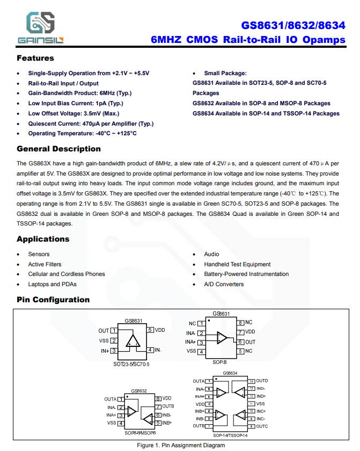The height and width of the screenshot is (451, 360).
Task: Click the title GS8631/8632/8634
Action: coord(293,25)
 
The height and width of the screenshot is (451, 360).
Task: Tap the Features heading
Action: coord(35,58)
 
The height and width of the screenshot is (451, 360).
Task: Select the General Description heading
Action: coord(58,149)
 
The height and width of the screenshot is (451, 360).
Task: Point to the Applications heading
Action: coord(43,239)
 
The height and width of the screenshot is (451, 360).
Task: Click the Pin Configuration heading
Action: coord(53,300)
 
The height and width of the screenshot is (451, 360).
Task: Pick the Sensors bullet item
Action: coord(39,254)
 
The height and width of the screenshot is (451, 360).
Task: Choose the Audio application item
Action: coord(211,254)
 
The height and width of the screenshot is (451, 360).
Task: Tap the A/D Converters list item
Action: coord(224,284)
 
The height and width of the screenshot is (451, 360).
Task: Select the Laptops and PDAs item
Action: coord(52,284)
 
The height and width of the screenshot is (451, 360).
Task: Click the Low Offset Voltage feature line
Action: coord(74,113)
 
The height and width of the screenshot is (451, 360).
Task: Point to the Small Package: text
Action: coord(225,73)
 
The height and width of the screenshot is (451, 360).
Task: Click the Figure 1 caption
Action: coord(181,445)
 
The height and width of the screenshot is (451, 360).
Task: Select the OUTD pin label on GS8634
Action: coord(262,381)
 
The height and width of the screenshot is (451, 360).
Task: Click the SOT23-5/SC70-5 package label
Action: coord(131,364)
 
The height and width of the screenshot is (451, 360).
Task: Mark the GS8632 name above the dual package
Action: coord(138,391)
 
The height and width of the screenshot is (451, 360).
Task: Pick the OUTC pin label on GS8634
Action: coord(262,426)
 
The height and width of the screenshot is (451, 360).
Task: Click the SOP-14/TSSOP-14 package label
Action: coord(230,435)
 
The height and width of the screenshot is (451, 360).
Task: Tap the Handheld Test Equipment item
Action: coord(237,264)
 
